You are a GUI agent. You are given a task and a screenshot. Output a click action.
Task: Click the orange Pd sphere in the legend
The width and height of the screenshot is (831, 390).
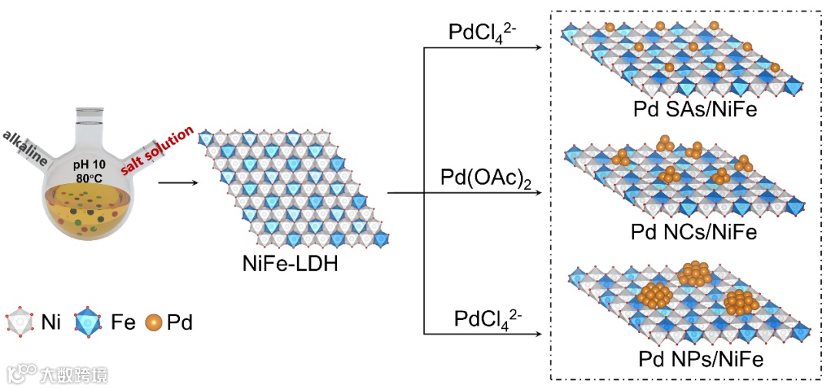pos(152,322)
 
